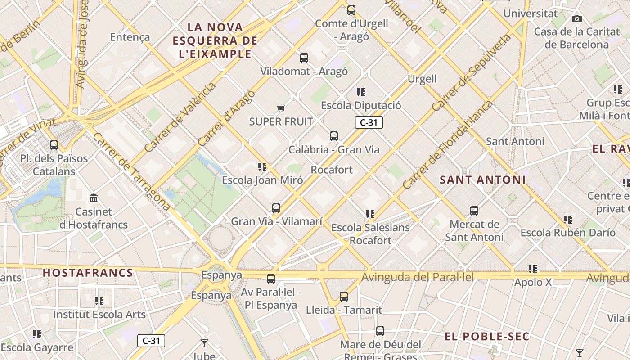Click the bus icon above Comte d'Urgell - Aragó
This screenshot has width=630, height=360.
351,10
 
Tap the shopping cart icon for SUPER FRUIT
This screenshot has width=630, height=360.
281,108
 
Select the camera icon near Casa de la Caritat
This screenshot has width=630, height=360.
576,18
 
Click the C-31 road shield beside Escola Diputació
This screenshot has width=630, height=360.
369,122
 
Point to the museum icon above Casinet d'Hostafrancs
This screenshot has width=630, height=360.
94,198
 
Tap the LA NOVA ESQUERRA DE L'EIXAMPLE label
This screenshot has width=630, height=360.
215,41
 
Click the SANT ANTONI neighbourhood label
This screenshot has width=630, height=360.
482,180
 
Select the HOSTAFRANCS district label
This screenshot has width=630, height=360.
88,273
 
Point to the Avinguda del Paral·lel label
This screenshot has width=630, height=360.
418,277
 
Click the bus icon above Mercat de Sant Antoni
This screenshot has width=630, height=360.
474,211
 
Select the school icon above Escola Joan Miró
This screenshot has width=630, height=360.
262,167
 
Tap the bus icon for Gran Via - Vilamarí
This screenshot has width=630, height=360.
276,208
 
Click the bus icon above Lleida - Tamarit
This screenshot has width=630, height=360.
344,296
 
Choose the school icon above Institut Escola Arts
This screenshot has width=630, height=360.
99,301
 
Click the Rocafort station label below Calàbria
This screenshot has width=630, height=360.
332,170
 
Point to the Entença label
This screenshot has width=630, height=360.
130,37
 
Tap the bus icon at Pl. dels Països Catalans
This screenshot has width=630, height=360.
54,145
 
